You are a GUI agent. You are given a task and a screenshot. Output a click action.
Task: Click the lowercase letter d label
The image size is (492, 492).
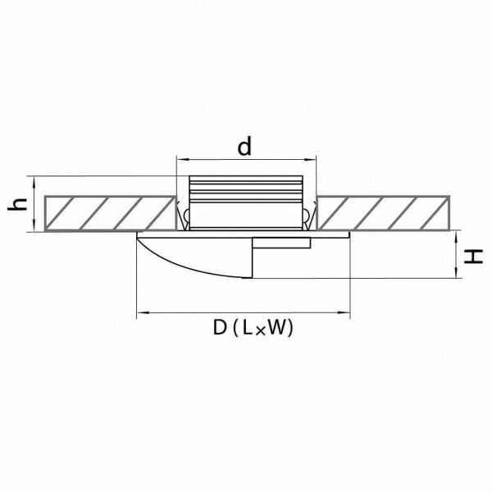244,147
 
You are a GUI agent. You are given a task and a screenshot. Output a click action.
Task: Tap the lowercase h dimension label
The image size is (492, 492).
17,204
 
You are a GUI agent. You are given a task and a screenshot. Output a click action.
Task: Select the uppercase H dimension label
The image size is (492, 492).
473,257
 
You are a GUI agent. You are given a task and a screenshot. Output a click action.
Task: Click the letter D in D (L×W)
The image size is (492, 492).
220,327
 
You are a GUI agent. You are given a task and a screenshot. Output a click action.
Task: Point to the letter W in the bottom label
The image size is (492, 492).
277,327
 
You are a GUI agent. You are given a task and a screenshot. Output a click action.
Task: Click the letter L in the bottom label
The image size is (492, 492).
248,327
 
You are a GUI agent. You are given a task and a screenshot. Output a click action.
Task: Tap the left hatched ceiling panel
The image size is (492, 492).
110,213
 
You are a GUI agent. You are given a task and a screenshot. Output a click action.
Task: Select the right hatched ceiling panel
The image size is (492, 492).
383,213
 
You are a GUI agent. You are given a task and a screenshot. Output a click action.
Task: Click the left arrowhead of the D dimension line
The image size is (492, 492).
143,313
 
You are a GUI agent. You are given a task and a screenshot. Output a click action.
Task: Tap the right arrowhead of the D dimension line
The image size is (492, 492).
344,313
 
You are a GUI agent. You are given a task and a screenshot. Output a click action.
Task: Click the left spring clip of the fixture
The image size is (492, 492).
184,215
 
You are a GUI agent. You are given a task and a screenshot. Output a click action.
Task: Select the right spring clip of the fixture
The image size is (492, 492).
309,215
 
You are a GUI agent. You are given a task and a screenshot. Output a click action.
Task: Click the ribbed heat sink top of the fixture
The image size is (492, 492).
246,189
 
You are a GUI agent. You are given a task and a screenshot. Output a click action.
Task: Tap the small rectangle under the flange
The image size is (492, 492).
281,243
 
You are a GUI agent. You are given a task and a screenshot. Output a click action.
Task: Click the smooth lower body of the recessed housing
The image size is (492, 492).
246,216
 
